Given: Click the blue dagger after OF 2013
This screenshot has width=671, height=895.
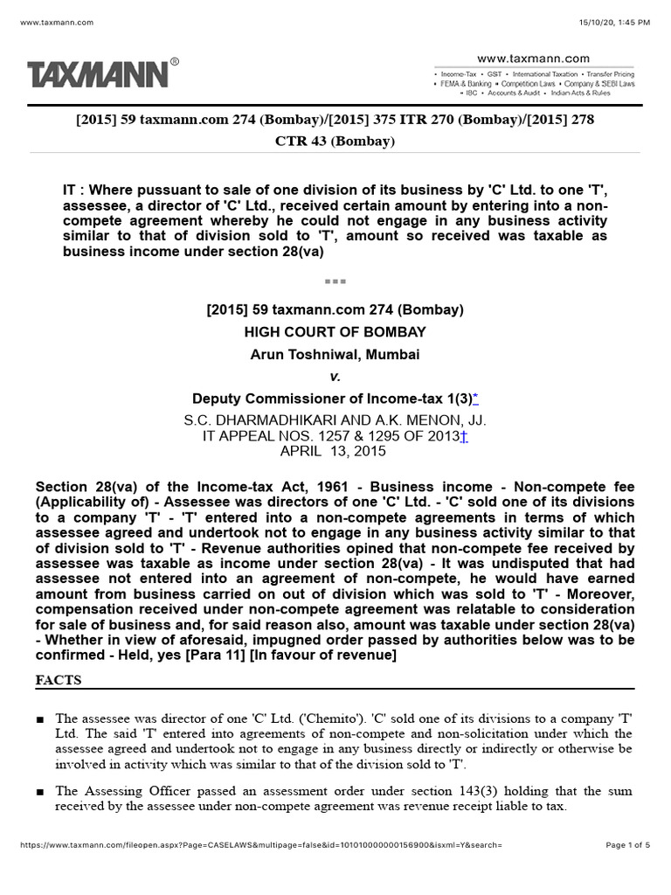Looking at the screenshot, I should tap(464, 436).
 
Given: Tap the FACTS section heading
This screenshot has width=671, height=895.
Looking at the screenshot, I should tap(59, 679).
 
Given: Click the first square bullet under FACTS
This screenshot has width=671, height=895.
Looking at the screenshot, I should tap(40, 718).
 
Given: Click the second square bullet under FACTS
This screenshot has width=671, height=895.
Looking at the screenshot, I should tap(40, 792).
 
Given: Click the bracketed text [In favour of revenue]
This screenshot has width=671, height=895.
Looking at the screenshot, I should tap(322, 656).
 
